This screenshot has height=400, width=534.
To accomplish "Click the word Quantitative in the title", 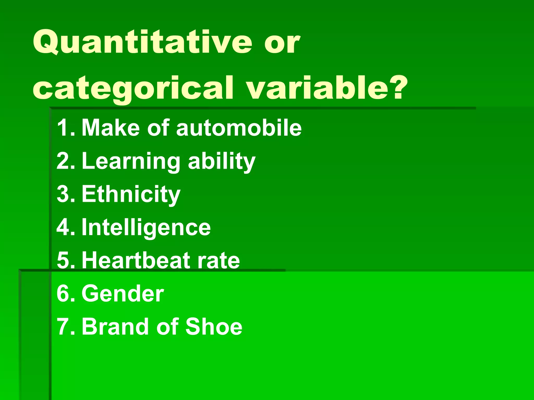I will click(142, 42).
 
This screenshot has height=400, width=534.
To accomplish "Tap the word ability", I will click(222, 161).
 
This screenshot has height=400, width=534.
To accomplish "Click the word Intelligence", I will click(146, 228).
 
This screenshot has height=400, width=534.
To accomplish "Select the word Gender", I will click(123, 294).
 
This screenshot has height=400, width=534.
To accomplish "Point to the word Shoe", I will click(214, 327).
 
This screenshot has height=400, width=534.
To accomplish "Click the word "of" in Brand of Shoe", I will click(167, 327).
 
